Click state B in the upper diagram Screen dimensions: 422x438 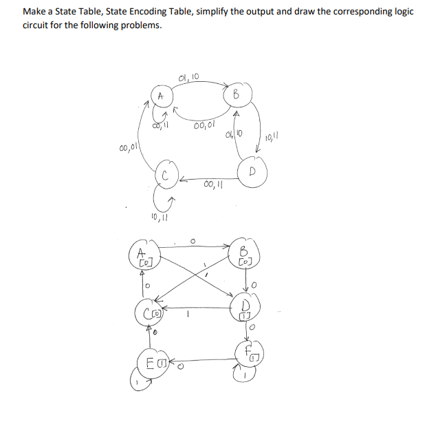click(235, 93)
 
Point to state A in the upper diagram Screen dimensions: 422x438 click(160, 95)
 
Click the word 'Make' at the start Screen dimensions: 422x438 click(34, 13)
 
